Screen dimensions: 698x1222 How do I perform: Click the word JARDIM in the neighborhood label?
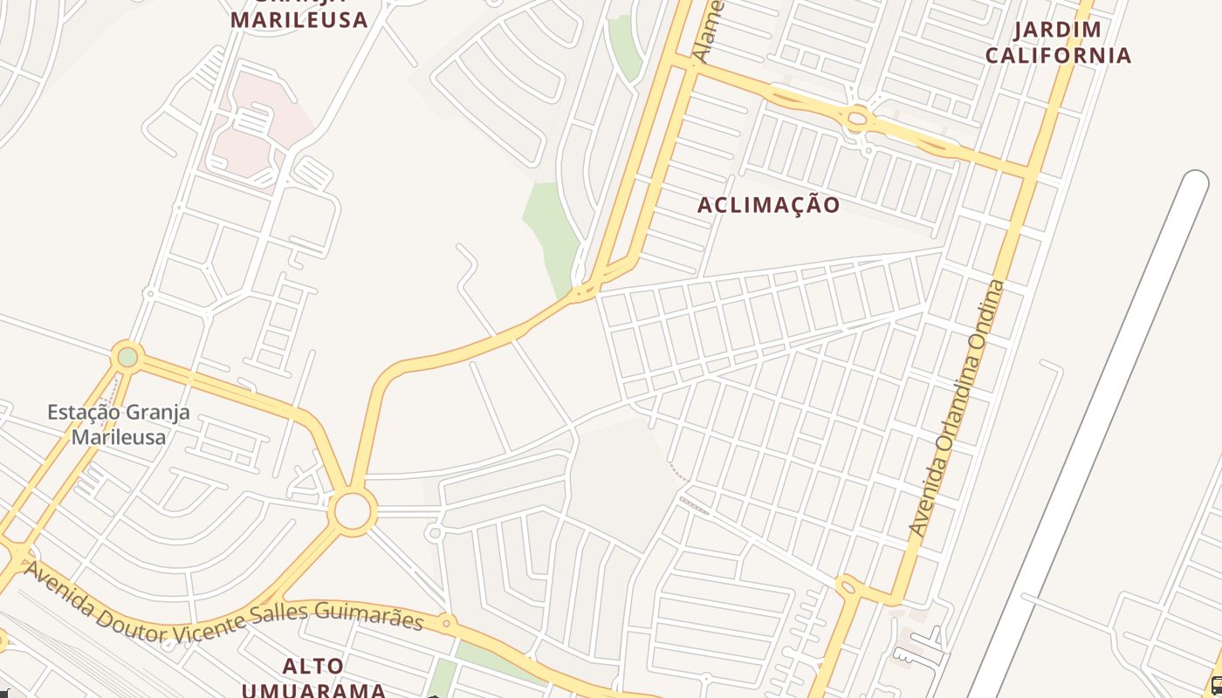[1057, 31]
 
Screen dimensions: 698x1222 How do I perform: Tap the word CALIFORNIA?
[1058, 56]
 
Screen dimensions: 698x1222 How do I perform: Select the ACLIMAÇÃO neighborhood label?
[769, 205]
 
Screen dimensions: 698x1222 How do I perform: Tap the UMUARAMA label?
[313, 690]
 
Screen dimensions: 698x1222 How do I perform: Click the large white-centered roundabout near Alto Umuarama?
[353, 511]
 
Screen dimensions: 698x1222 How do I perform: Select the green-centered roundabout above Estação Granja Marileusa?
[127, 356]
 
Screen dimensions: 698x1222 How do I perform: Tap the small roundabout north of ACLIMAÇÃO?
[857, 117]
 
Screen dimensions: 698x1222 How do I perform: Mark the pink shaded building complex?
[253, 131]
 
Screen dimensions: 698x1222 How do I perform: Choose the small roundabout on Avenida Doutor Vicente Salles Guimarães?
[446, 623]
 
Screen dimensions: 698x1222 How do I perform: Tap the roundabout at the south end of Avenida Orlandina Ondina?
[847, 586]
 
